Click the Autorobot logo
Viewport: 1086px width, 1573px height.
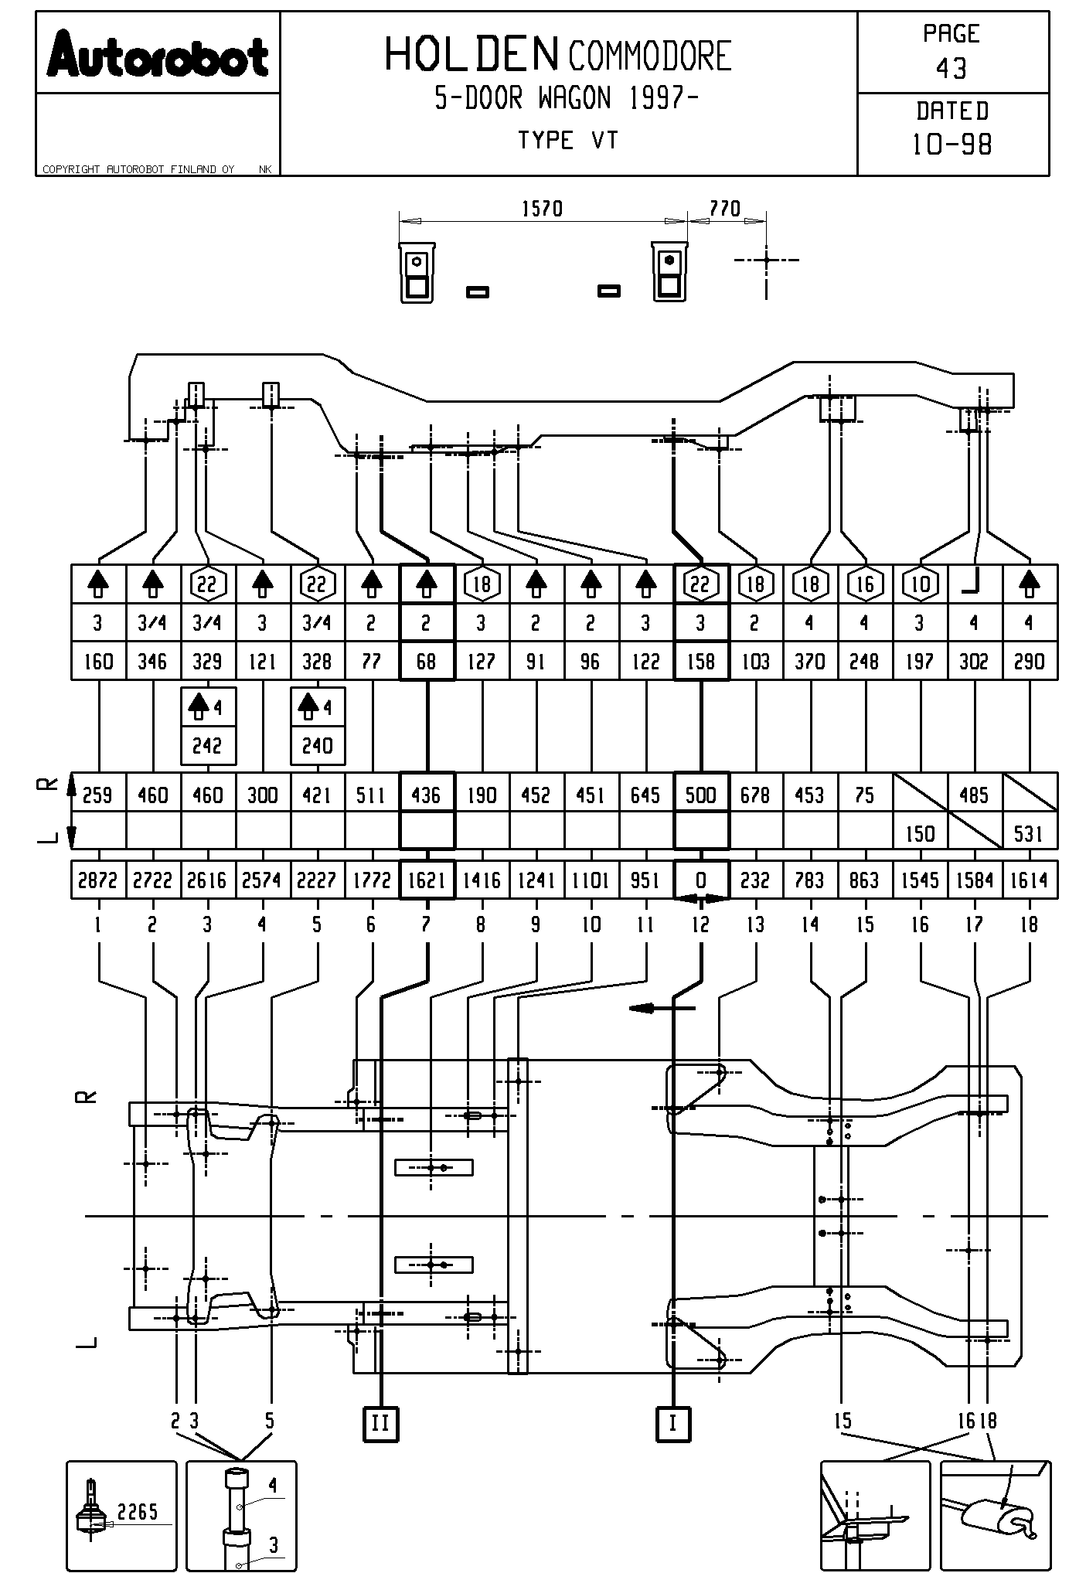pyautogui.click(x=157, y=55)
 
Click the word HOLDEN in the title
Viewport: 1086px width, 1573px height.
pyautogui.click(x=471, y=55)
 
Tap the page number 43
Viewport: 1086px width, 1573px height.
pyautogui.click(x=952, y=70)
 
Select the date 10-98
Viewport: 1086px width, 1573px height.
pyautogui.click(x=952, y=145)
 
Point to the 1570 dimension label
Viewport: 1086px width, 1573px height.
pyautogui.click(x=542, y=209)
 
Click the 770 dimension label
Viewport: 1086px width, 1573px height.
pyautogui.click(x=724, y=209)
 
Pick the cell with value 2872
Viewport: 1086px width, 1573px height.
pyautogui.click(x=97, y=880)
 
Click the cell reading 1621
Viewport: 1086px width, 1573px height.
pyautogui.click(x=426, y=880)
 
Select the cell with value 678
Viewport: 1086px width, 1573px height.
pyautogui.click(x=755, y=795)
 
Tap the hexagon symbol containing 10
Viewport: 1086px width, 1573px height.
pyautogui.click(x=920, y=584)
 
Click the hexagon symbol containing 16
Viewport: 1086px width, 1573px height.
pyautogui.click(x=865, y=584)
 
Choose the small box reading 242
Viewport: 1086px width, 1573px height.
pyautogui.click(x=207, y=746)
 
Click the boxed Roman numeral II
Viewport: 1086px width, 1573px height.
pyautogui.click(x=380, y=1423)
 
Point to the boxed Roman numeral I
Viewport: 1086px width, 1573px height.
pyautogui.click(x=673, y=1423)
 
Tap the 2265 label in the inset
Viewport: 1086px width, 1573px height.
pyautogui.click(x=138, y=1512)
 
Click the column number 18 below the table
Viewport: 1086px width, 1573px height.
pyautogui.click(x=1029, y=924)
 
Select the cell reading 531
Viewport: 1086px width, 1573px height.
pyautogui.click(x=1029, y=834)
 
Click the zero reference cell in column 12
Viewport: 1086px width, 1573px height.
pyautogui.click(x=700, y=880)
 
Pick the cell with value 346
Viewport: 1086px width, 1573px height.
pyautogui.click(x=152, y=662)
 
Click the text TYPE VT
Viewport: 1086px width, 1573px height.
pyautogui.click(x=567, y=141)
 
